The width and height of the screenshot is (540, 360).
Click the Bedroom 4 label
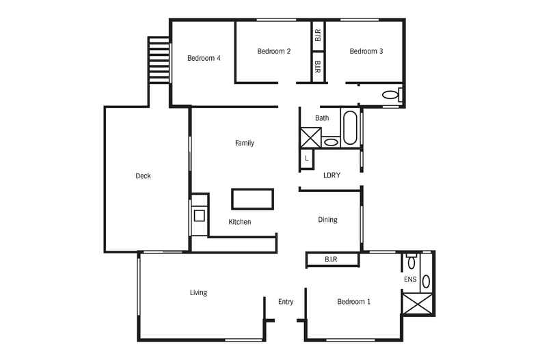click(x=204, y=58)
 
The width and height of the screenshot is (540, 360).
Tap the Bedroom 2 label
click(x=274, y=51)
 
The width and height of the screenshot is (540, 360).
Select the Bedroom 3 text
click(x=366, y=51)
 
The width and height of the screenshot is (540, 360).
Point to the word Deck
click(x=143, y=176)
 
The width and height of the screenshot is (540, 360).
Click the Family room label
click(x=245, y=143)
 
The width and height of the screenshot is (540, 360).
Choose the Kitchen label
click(x=240, y=222)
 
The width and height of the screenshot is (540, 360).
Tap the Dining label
click(x=327, y=220)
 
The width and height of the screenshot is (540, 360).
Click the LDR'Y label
click(x=332, y=175)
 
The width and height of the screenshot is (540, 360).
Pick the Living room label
click(x=198, y=292)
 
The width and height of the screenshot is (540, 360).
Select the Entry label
click(x=286, y=302)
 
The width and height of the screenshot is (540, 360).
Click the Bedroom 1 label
click(x=353, y=302)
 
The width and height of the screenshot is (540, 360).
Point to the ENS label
click(x=410, y=279)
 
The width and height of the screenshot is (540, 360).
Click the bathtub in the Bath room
click(x=350, y=128)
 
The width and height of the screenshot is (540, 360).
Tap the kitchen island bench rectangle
click(x=253, y=199)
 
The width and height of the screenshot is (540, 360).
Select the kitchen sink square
click(x=200, y=216)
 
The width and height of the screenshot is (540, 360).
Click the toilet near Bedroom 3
click(x=392, y=94)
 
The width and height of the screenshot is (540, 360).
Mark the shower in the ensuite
click(x=418, y=303)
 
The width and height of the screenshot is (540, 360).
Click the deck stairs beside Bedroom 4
click(x=159, y=60)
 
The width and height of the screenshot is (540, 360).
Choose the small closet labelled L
click(x=306, y=158)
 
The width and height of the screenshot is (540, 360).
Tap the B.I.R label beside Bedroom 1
click(x=331, y=259)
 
